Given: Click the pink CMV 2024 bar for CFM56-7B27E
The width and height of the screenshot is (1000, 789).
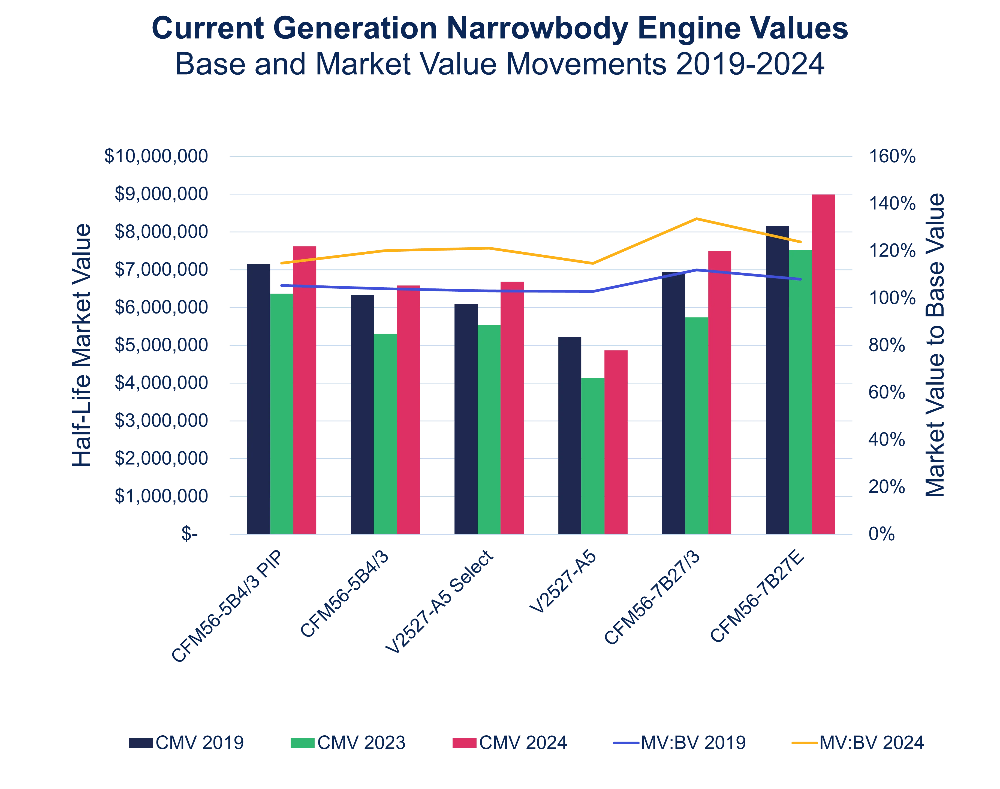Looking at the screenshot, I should tap(823, 365).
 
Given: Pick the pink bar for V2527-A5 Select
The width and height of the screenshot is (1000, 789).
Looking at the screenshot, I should tap(512, 408).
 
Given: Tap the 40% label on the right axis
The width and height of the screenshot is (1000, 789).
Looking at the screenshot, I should tap(887, 440).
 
